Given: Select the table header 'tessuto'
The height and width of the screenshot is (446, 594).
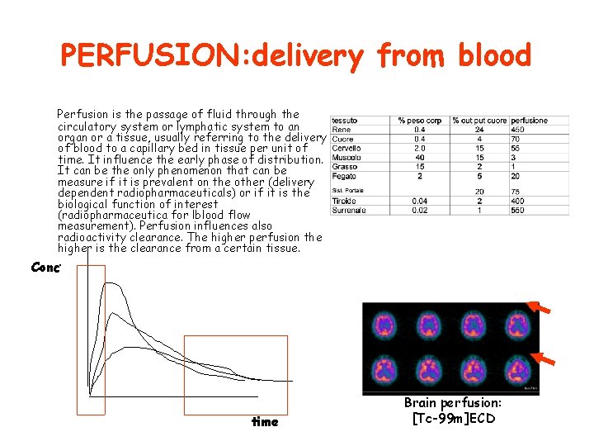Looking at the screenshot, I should [345, 121].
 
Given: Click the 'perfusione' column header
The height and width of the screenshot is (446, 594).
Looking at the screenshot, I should [529, 121].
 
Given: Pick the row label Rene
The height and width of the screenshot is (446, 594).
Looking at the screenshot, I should [341, 130].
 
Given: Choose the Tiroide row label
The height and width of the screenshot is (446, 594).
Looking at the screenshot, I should [344, 201].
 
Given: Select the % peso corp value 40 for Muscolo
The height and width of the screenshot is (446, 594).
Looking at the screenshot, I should [420, 157].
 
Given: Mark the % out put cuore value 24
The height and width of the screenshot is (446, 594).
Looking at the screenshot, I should [478, 130].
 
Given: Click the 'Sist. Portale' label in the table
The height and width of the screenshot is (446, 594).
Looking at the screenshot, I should [347, 192].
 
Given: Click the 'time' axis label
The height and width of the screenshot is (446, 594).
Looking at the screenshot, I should [265, 422].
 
